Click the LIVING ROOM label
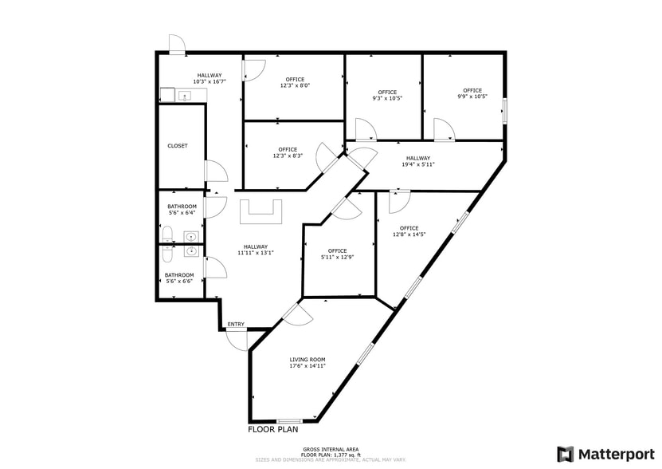(x=307, y=360)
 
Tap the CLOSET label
(x=178, y=146)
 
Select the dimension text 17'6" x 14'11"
(x=307, y=366)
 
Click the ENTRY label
(x=236, y=324)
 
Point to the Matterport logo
(x=606, y=454)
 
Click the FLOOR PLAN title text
(x=272, y=429)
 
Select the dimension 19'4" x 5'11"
(x=417, y=164)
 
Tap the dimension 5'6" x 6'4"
(x=182, y=213)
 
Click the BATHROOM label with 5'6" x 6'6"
(x=178, y=276)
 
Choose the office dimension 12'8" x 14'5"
(x=409, y=235)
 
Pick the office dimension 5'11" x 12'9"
(x=337, y=257)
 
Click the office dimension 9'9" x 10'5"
(x=472, y=97)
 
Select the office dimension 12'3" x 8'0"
(x=295, y=85)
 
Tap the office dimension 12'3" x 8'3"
(x=288, y=156)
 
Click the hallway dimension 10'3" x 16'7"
(x=210, y=81)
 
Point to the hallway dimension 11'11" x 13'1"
(x=256, y=253)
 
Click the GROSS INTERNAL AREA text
(x=330, y=450)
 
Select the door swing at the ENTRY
(x=237, y=339)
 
